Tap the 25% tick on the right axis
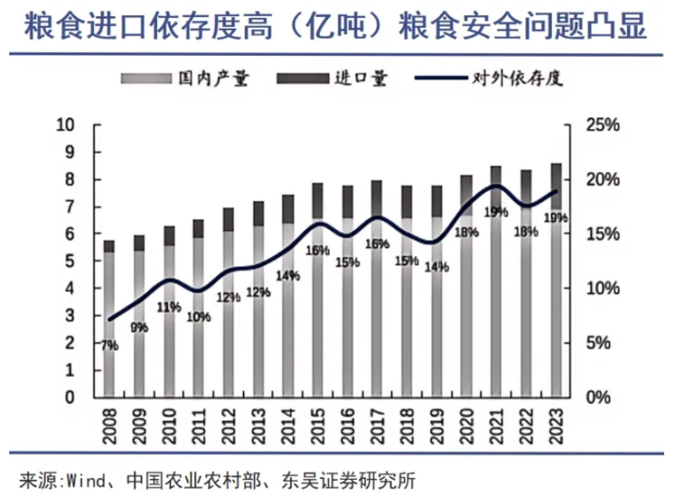(602, 125)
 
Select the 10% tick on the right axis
(602, 288)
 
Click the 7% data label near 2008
(109, 345)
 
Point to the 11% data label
(168, 307)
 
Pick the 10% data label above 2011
(197, 317)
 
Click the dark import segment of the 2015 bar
(318, 201)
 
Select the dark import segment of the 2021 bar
(496, 179)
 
